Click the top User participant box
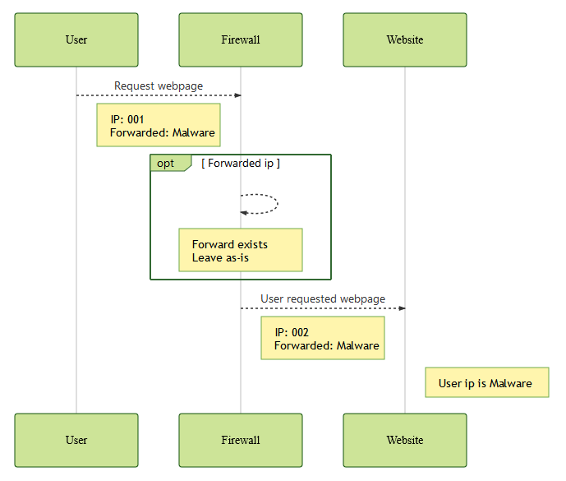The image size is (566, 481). coord(76,39)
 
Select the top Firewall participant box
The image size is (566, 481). coord(241,39)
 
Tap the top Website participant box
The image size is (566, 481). coord(405,39)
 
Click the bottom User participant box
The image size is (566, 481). coord(76,440)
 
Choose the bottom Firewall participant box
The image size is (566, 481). coord(241,440)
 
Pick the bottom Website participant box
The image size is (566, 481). coord(405,440)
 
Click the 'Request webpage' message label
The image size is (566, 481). coord(159,86)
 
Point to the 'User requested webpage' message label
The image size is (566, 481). coord(323,298)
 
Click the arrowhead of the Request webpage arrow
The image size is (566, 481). coord(237,95)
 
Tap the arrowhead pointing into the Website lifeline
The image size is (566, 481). coord(402,308)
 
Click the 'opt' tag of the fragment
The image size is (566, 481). coord(166,163)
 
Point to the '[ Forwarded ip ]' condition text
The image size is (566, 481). coord(241,163)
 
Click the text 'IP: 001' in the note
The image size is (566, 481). coord(127,119)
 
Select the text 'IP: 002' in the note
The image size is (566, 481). coord(292,332)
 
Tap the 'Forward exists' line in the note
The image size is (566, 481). coord(230,244)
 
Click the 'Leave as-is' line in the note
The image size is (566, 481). coord(220,257)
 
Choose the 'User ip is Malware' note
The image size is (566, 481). coord(486,382)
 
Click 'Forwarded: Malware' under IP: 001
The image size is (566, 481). coord(163,132)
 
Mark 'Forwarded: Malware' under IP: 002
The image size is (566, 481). coord(327,345)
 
